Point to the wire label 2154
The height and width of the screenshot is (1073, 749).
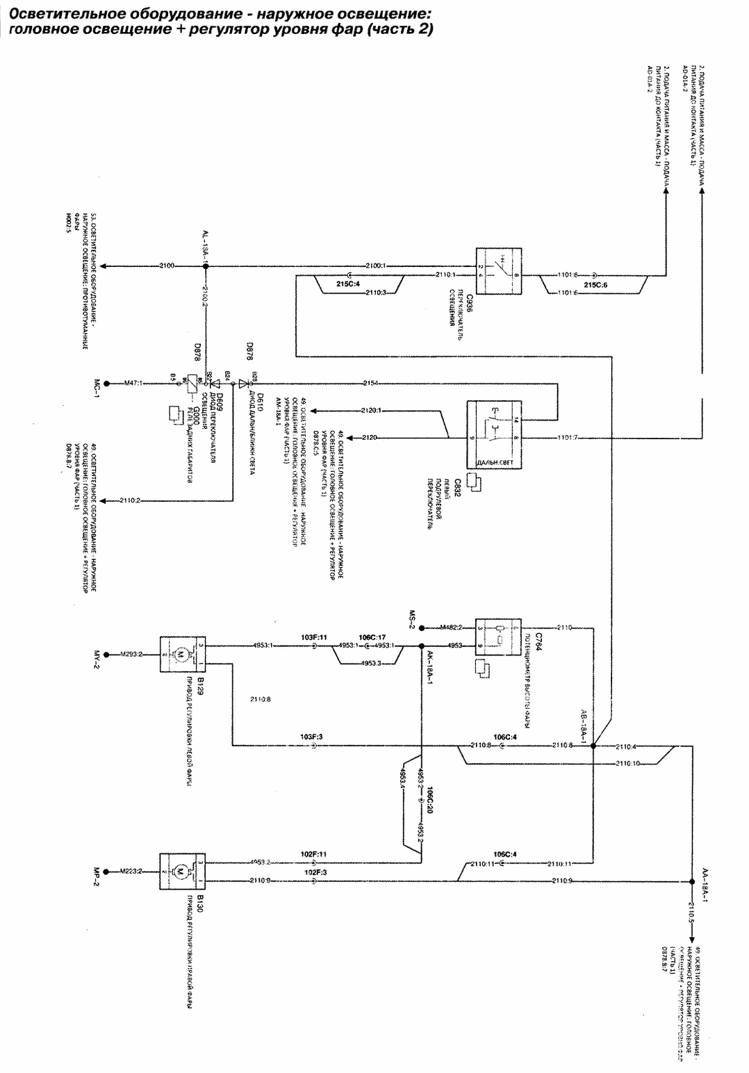370,383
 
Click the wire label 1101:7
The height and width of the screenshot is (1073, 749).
568,438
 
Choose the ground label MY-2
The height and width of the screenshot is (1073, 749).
98,654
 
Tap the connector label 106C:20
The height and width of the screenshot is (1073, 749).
430,799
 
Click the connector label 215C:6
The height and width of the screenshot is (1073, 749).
595,284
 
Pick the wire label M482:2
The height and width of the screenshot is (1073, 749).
451,627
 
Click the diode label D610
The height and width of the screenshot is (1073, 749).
260,402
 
